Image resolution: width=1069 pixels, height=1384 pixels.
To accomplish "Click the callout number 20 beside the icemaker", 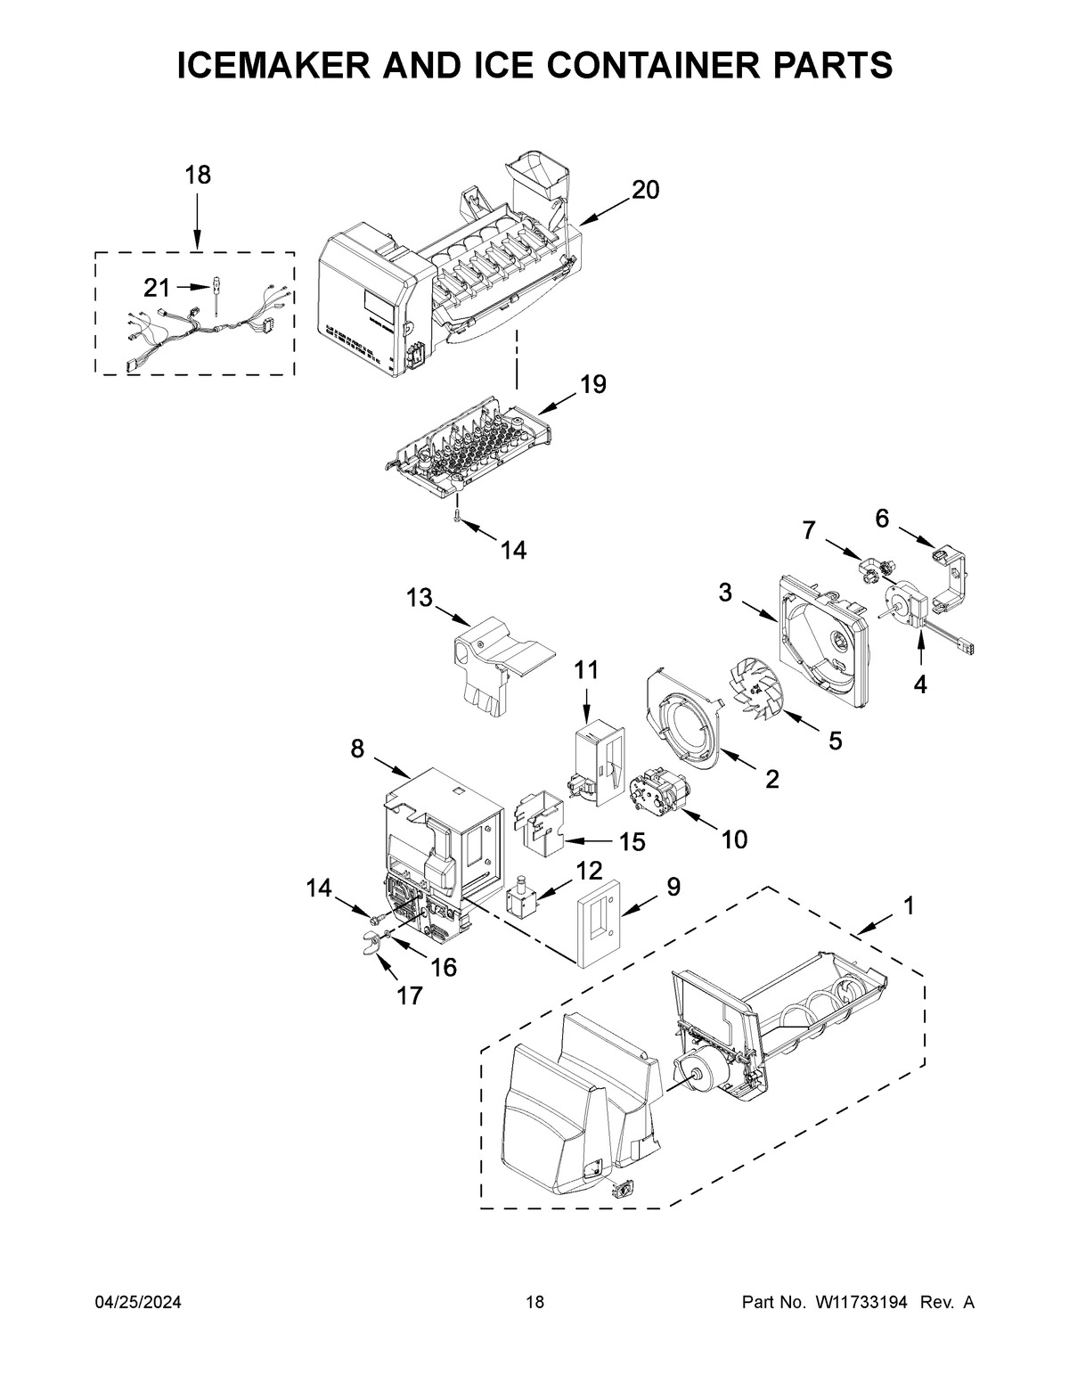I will pos(646,189).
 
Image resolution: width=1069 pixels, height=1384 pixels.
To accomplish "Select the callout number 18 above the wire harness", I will pos(198,175).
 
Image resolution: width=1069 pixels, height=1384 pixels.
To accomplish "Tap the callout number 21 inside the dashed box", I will pos(157,288).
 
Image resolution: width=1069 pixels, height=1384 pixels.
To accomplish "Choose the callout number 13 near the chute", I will pos(420,598).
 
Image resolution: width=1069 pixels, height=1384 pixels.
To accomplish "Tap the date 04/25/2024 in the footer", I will pos(138,1303).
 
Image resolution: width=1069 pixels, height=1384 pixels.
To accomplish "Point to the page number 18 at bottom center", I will pos(534,1303).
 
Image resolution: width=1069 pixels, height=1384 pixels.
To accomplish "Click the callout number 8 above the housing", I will pos(357,749).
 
